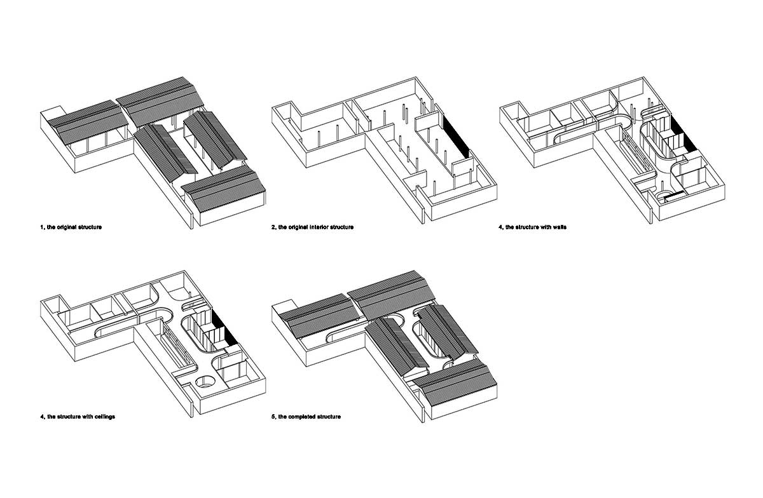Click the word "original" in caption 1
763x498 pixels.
tap(67, 227)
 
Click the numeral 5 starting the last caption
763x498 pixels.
tap(273, 417)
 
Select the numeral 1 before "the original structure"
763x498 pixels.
tap(42, 227)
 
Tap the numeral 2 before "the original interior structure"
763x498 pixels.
tap(273, 227)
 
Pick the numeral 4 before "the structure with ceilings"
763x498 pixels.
tap(42, 417)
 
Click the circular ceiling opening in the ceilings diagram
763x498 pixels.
tap(205, 381)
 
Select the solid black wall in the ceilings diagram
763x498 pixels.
tap(225, 328)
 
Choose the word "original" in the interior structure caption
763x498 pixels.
tap(298, 227)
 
